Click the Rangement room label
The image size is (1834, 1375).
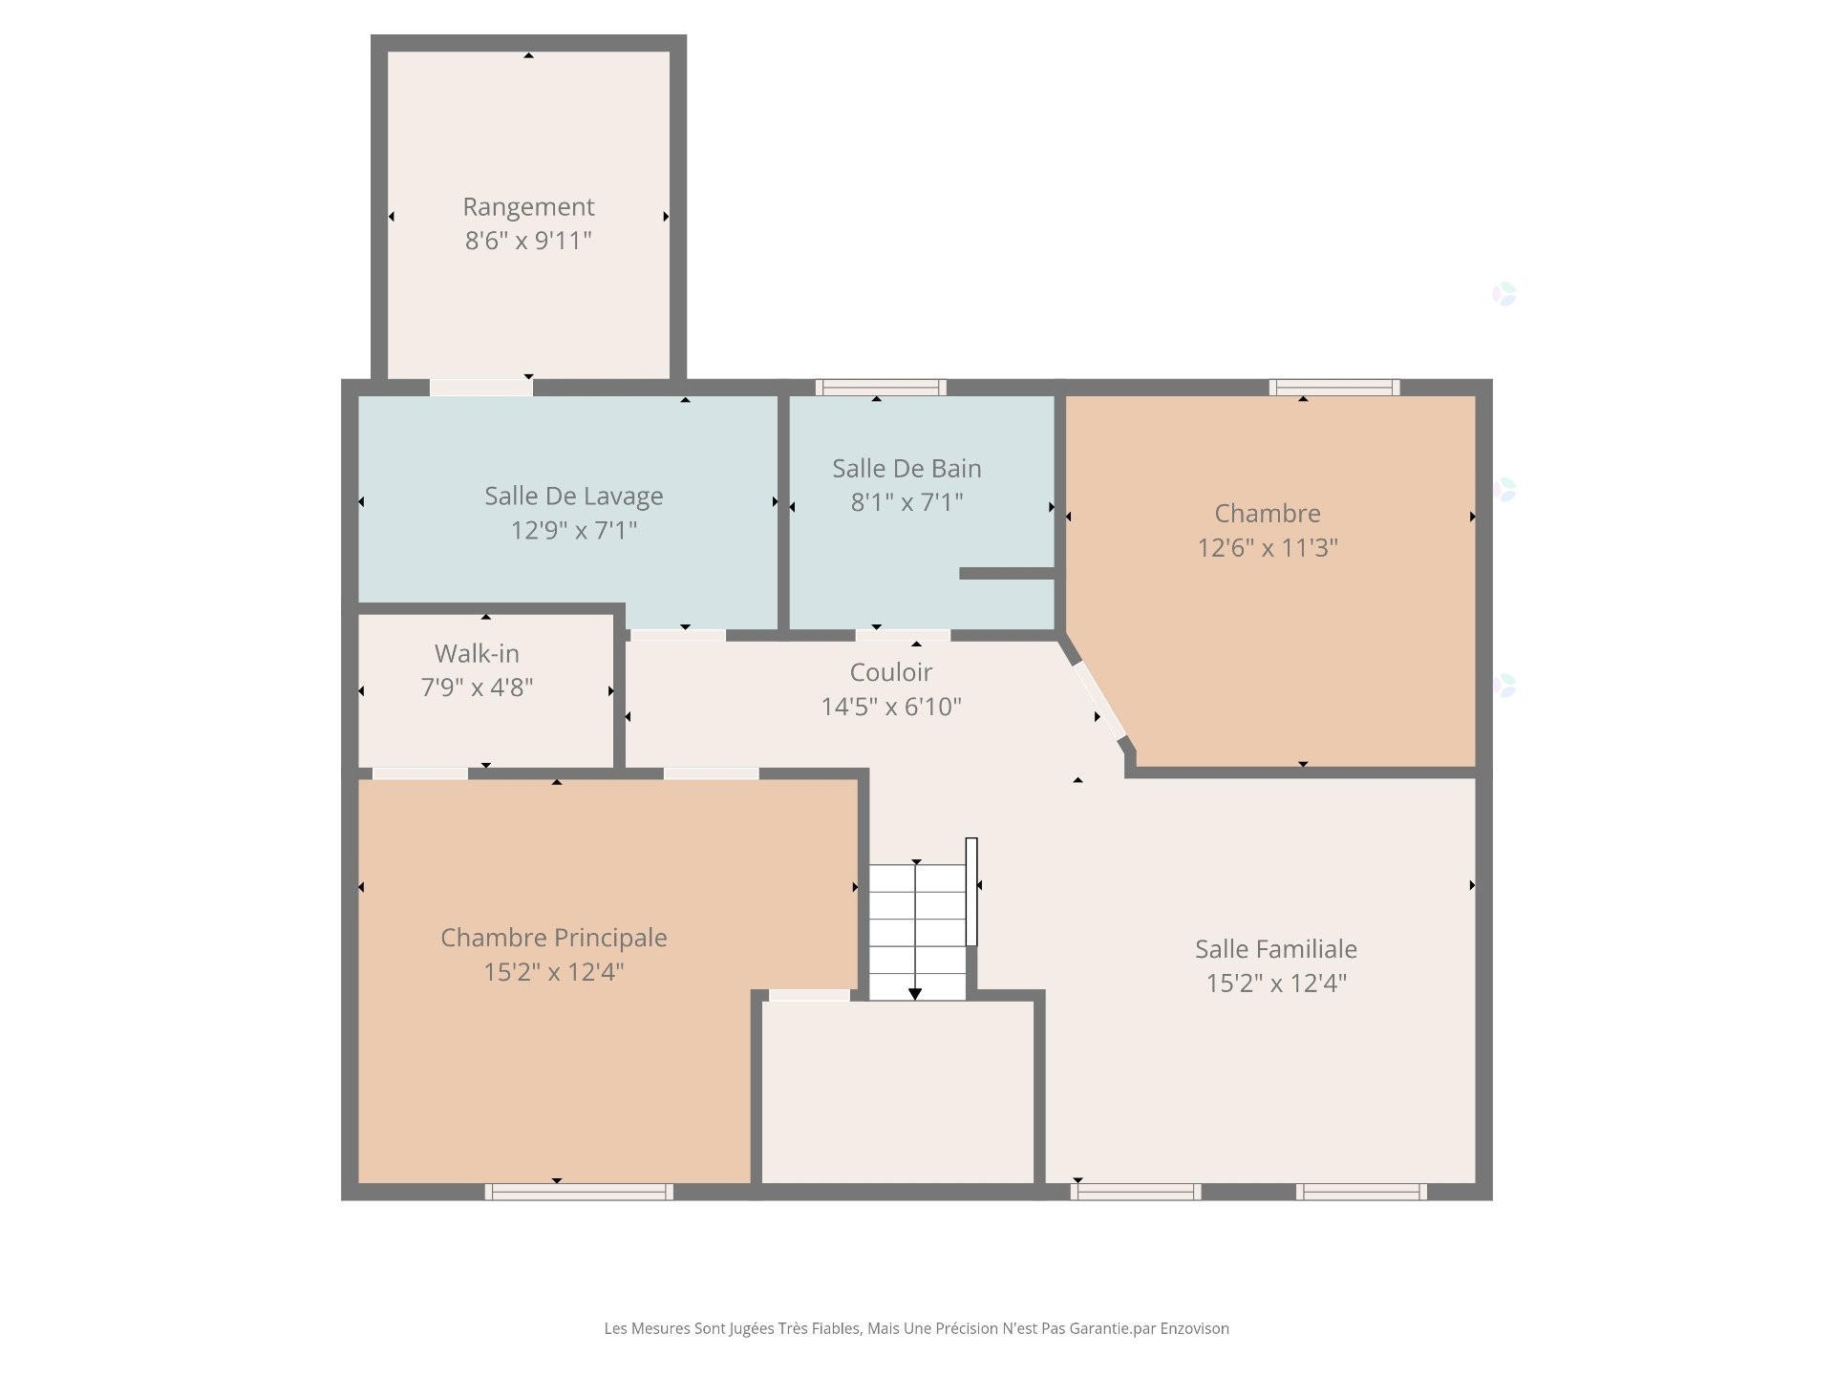[528, 206]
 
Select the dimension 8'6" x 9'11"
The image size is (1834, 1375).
[528, 241]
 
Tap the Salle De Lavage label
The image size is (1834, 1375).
[573, 496]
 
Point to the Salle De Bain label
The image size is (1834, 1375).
[906, 468]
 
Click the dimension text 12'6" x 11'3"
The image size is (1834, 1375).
[1268, 548]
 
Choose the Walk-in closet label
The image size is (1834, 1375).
[477, 653]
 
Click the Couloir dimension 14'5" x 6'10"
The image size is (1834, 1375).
[891, 707]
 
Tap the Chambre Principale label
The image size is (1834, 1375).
[553, 938]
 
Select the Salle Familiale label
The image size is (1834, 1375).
[1275, 949]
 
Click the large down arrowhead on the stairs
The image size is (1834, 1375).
[915, 994]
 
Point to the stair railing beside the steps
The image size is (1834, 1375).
[971, 892]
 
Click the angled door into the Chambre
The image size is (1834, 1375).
[1098, 701]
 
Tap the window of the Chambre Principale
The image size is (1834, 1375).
[579, 1192]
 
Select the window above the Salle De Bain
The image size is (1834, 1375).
[881, 387]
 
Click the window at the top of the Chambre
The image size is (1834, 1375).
[1334, 387]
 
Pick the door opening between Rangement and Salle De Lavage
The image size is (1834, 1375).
[480, 388]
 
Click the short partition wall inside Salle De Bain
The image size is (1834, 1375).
[1007, 574]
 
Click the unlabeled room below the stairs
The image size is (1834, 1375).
[898, 1093]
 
